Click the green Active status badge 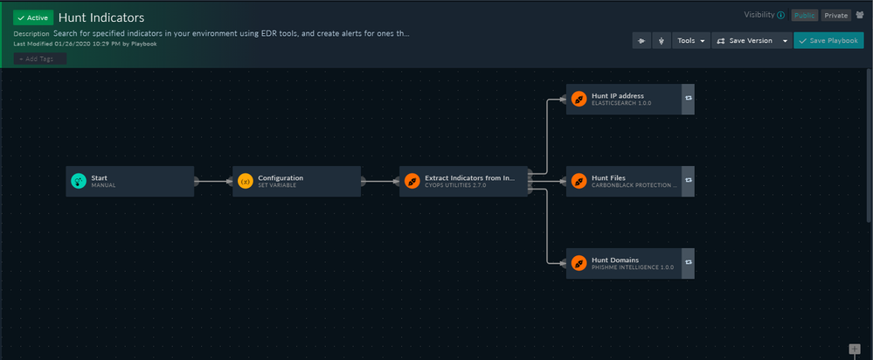click(x=33, y=17)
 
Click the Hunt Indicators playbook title click(x=100, y=17)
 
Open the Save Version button click(x=746, y=40)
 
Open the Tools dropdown click(x=690, y=40)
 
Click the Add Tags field click(x=39, y=59)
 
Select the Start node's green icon click(x=78, y=181)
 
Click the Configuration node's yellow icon click(x=245, y=181)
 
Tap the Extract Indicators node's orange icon click(x=412, y=181)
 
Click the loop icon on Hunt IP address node click(x=688, y=99)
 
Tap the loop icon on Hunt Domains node click(x=688, y=263)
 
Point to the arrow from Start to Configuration click(x=213, y=182)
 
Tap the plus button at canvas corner click(x=855, y=350)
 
